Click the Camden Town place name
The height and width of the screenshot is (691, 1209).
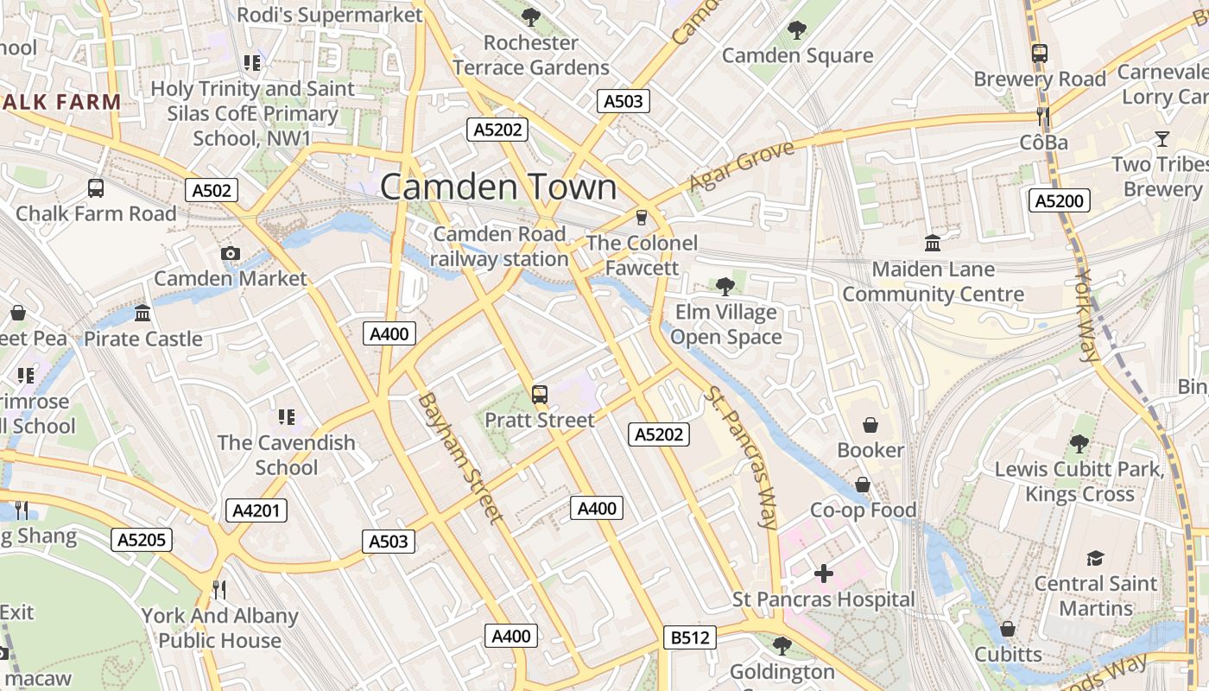tap(498, 187)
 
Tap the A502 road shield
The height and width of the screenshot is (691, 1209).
tap(212, 190)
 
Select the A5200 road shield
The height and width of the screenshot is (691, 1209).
tap(1060, 201)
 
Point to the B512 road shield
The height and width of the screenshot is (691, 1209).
tap(690, 637)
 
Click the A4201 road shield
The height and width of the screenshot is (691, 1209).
tap(256, 510)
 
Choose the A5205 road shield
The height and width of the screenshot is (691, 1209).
tap(142, 541)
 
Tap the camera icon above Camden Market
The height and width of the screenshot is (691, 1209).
tap(230, 253)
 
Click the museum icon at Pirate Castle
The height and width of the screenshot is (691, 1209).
tap(142, 313)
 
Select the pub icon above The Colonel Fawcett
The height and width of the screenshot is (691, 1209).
tap(641, 217)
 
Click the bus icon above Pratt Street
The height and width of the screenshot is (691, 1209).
tap(540, 395)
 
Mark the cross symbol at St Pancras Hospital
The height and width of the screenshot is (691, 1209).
tap(824, 573)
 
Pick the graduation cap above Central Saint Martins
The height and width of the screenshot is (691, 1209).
tap(1095, 558)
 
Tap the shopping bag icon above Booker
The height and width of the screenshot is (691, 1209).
tap(870, 425)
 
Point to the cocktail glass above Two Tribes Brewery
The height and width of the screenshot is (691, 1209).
tap(1162, 139)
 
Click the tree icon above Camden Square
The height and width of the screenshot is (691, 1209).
tap(796, 30)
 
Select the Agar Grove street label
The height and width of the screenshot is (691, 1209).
tap(741, 168)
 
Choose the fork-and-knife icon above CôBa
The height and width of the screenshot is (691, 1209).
tap(1043, 117)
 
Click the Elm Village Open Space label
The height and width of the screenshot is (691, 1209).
tap(725, 325)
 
